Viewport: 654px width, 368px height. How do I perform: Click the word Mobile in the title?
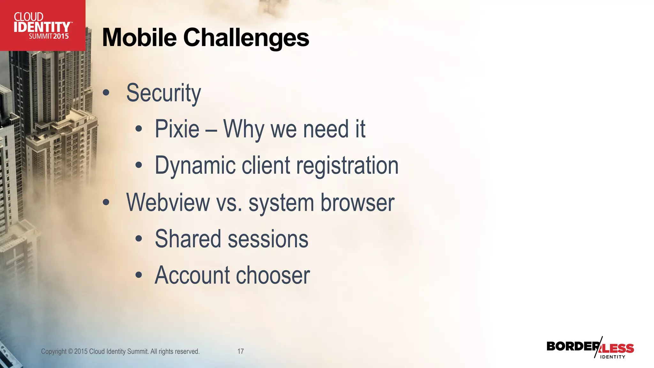coord(139,38)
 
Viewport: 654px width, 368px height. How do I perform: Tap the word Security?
coord(163,93)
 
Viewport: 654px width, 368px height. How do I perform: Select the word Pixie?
coord(177,129)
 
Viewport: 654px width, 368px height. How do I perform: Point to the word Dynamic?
coord(195,165)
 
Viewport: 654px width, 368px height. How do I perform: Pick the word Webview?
coord(168,202)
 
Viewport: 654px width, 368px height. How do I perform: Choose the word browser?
coord(357,202)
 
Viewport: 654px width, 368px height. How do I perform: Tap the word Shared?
coord(188,239)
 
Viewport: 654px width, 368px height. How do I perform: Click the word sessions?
coord(268,239)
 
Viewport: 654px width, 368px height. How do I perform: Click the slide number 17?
coord(240,351)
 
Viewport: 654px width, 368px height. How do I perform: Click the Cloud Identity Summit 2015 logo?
coord(42,26)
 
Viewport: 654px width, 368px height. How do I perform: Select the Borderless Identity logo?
coord(590,348)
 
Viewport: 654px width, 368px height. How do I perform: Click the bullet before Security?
coord(106,93)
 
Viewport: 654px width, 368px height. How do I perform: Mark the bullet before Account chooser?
coord(138,275)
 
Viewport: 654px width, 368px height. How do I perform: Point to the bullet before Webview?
coord(106,203)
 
